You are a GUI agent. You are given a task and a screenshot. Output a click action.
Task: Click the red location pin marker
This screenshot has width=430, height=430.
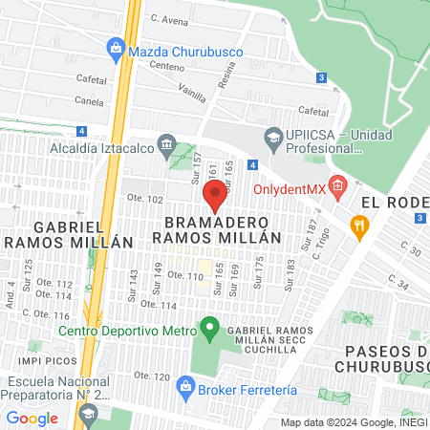click(x=215, y=195)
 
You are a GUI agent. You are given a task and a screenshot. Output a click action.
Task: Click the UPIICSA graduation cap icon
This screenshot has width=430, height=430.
click(x=272, y=137)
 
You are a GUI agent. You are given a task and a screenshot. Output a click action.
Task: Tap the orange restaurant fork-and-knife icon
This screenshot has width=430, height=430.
click(x=359, y=226)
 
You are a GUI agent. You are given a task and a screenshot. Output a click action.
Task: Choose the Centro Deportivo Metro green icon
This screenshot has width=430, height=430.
click(x=208, y=331)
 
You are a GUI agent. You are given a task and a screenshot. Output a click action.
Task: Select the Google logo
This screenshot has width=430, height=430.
click(x=32, y=418)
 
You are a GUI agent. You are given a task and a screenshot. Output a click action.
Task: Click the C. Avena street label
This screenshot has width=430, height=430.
click(x=169, y=18)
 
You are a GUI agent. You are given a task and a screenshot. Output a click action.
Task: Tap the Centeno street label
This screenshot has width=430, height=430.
click(x=166, y=67)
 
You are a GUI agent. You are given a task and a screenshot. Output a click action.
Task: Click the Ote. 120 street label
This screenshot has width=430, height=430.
click(x=152, y=375)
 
